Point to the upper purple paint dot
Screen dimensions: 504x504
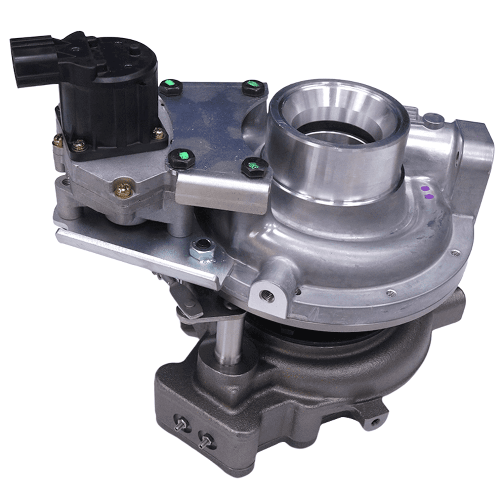point(425,188)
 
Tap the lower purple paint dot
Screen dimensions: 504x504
point(429,197)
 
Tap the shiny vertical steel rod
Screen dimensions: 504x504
point(227,339)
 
